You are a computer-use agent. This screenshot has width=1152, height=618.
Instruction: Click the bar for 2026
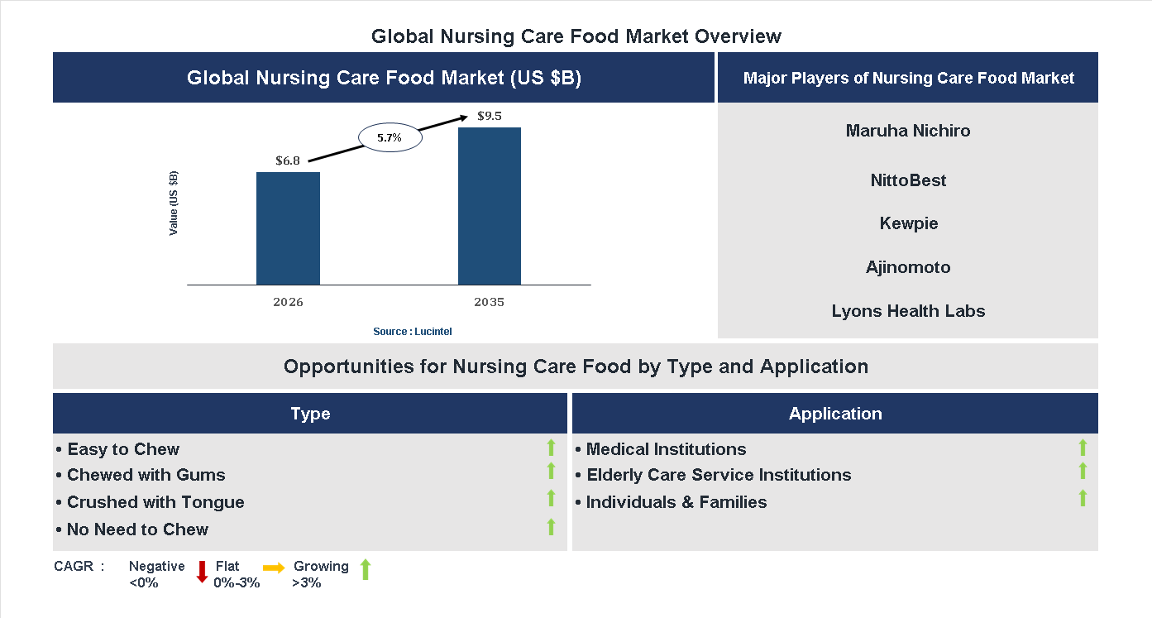tap(288, 228)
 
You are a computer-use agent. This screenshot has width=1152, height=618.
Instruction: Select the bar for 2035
tap(490, 206)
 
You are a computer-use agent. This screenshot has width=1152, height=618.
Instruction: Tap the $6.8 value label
tap(288, 160)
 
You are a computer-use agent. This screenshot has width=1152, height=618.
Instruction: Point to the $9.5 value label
tap(490, 116)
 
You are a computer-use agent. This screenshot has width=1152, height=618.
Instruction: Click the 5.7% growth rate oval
tap(390, 138)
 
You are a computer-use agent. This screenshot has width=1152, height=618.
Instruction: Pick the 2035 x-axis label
tap(490, 302)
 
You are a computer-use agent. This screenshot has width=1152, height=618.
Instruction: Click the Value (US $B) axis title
tap(174, 204)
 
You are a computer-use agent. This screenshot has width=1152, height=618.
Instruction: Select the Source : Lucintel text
tap(412, 331)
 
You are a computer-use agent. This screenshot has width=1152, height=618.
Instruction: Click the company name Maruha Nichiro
tap(908, 131)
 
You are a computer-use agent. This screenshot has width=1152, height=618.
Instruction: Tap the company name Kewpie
tap(908, 223)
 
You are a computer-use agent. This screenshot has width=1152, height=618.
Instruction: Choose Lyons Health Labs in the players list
tap(908, 311)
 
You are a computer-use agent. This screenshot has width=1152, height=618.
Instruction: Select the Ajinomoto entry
tap(908, 267)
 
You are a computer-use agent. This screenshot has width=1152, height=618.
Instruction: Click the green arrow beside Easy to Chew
tap(551, 448)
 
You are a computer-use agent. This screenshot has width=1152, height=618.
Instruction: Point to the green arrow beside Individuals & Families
tap(1083, 498)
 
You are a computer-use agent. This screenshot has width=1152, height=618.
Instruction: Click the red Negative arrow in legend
tap(202, 572)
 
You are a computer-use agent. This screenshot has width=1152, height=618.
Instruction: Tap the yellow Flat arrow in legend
tap(274, 568)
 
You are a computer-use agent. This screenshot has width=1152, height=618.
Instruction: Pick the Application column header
tap(835, 414)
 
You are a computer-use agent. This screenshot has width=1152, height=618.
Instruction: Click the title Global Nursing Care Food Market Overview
tap(576, 36)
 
